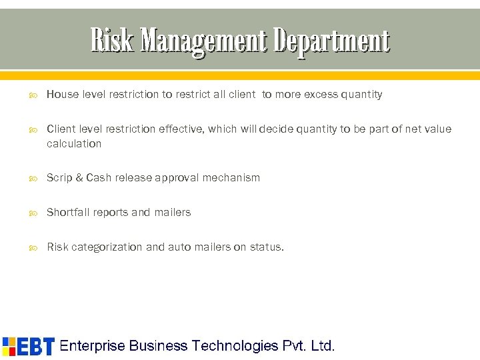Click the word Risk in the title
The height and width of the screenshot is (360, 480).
click(111, 41)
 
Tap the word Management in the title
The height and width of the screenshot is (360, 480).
click(203, 41)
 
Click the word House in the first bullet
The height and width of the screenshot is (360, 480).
click(62, 95)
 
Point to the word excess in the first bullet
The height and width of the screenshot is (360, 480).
click(321, 95)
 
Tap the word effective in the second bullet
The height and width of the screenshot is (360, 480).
click(179, 129)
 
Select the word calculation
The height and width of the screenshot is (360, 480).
click(74, 144)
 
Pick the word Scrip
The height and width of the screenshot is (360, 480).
click(59, 178)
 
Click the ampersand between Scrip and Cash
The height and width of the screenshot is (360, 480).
click(79, 178)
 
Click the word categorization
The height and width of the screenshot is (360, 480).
click(107, 247)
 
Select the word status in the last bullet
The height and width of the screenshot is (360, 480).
click(266, 247)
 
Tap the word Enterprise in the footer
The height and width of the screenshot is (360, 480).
click(93, 346)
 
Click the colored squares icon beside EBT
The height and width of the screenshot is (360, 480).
click(9, 346)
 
